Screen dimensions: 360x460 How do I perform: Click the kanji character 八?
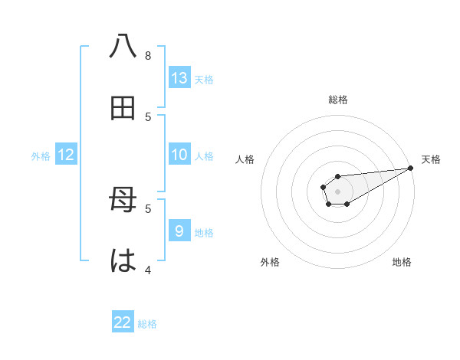point(123,47)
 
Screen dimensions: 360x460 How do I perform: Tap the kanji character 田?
point(123,108)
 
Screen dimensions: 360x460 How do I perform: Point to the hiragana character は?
point(123,260)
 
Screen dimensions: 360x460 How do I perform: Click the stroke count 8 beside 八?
point(148,56)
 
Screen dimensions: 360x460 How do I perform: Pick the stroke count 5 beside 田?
point(148,116)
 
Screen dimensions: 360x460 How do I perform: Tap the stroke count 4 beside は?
point(148,270)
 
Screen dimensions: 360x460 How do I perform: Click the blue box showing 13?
point(179,78)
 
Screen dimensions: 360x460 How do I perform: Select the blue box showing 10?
point(179,155)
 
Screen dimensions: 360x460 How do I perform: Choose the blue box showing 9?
point(179,231)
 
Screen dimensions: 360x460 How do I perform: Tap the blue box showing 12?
point(66,155)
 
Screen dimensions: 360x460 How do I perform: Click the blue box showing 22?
point(123,322)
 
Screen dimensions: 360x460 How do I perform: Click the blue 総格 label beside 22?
point(147,324)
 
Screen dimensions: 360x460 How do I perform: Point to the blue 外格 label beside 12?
point(41,156)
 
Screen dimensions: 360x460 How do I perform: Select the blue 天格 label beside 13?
point(204,80)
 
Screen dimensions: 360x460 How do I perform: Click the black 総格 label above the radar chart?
point(338,100)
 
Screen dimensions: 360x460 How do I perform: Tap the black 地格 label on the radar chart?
point(402,262)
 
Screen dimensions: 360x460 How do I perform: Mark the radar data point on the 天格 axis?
point(410,168)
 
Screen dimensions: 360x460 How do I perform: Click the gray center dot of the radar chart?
point(337,191)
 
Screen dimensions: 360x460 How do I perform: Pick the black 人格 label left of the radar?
point(245,159)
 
